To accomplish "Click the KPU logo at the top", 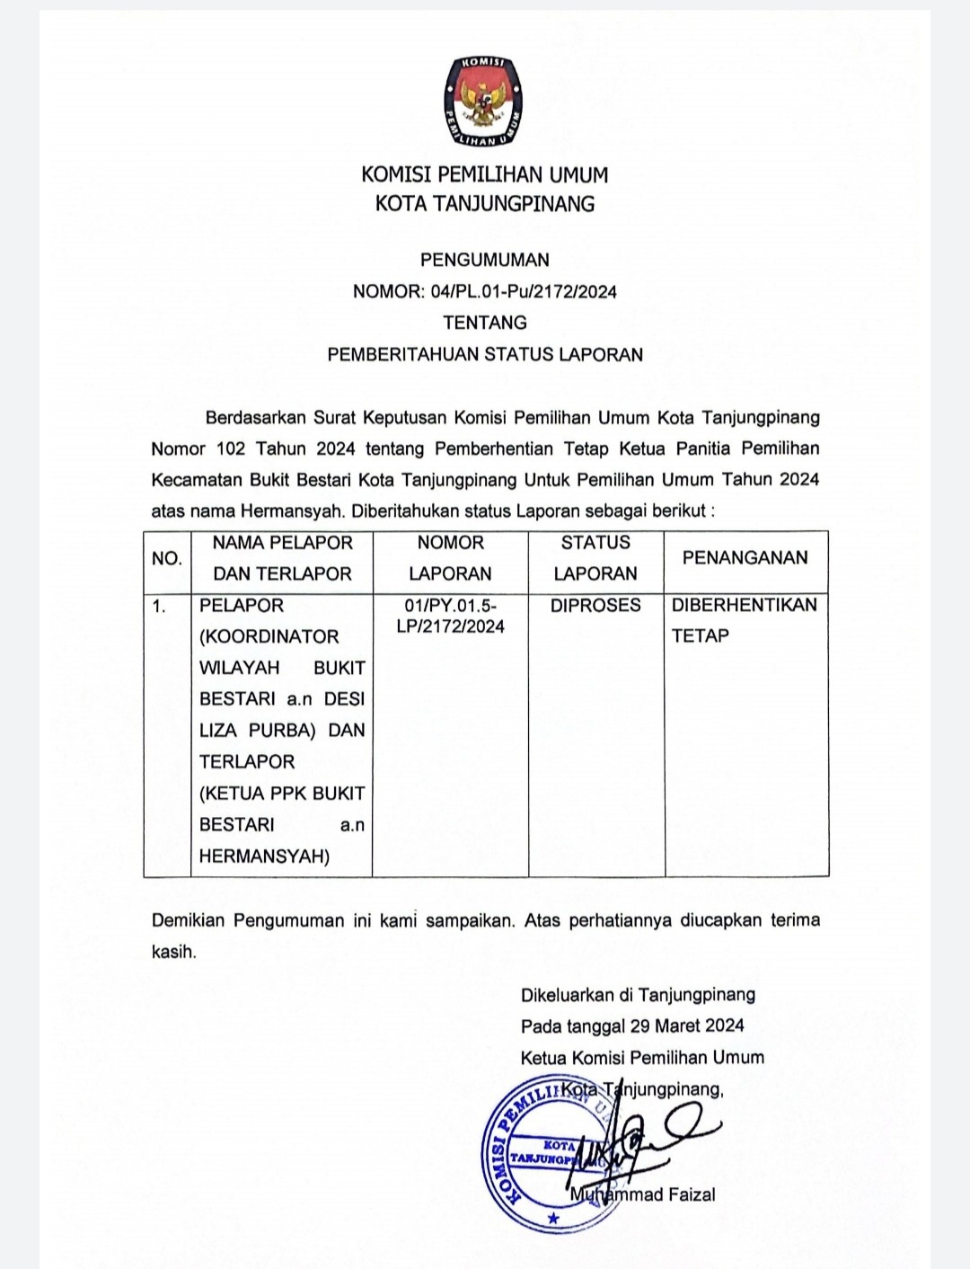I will (484, 102).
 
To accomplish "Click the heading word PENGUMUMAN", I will (485, 260).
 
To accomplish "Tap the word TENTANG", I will (485, 322).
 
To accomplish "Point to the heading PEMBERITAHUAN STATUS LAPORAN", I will (485, 354).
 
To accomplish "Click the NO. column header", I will (167, 558).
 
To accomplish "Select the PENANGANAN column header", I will (745, 557).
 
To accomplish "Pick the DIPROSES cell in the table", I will (595, 605).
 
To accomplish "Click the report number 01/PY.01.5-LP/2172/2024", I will (450, 616).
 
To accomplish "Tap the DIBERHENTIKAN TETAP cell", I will (744, 619).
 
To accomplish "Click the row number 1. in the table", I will (159, 606).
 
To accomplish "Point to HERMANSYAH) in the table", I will (264, 856).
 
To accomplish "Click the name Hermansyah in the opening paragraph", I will (292, 510).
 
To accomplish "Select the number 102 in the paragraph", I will (231, 448).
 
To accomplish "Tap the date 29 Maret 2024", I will (687, 1025).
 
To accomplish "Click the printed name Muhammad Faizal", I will (643, 1194).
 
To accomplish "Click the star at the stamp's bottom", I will (553, 1219).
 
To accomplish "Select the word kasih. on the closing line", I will (173, 952).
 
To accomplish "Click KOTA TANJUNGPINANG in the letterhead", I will (485, 204).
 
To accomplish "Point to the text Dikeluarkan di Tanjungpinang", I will (638, 994).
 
